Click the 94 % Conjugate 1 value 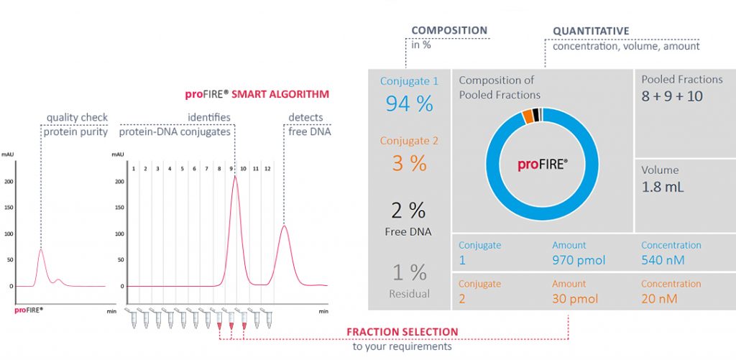coord(409,103)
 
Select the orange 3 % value coord(409,163)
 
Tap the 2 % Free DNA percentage coord(409,211)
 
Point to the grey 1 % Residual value coord(409,272)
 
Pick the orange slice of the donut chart coord(528,116)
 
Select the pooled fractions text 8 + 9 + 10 coord(672,96)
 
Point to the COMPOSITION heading coord(449,31)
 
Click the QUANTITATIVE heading coord(591,32)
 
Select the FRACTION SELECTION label coord(402,332)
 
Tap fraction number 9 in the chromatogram coord(231,168)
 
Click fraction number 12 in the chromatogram coord(267,168)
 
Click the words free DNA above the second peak coord(305,131)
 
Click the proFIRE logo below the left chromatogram coord(29,310)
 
